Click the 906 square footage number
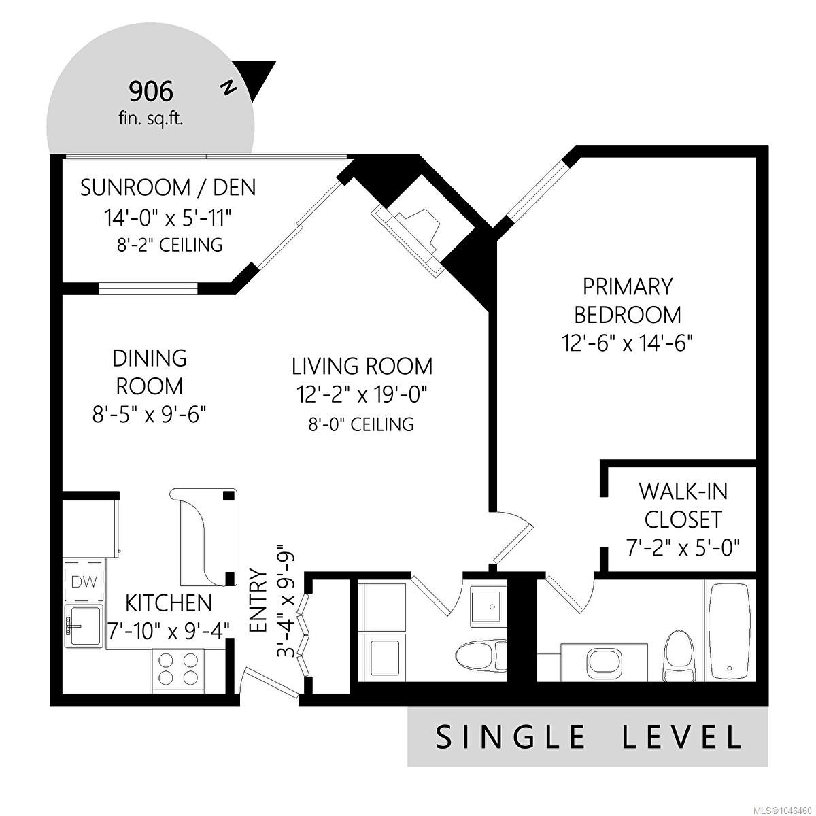click(x=151, y=92)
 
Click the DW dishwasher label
click(x=84, y=582)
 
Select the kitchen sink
click(x=84, y=626)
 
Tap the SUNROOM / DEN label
click(x=168, y=188)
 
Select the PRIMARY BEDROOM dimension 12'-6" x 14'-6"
click(x=627, y=343)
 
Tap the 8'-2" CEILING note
click(x=170, y=245)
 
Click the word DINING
click(x=150, y=358)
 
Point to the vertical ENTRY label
click(x=258, y=600)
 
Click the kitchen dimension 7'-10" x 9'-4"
click(x=169, y=632)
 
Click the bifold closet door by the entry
click(x=304, y=632)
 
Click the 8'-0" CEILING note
click(x=361, y=424)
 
